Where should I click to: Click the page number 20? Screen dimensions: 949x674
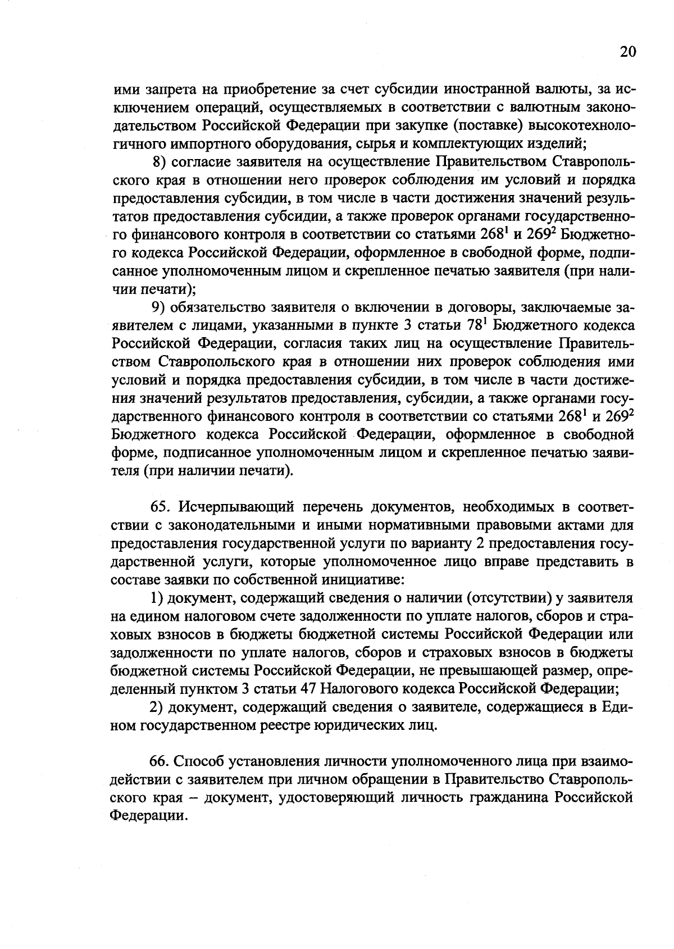[627, 52]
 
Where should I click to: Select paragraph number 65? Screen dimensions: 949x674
[160, 507]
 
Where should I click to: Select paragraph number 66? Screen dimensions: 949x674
[159, 761]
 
